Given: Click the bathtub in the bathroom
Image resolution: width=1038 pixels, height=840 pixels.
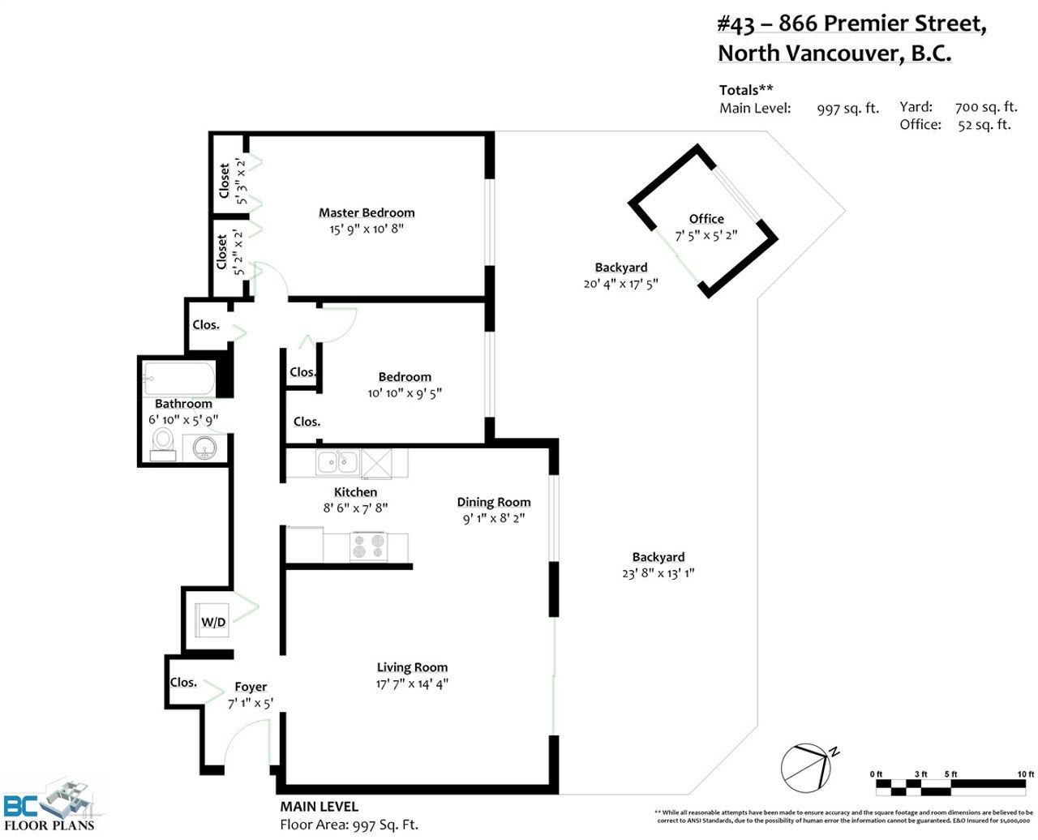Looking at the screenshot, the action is tap(179, 378).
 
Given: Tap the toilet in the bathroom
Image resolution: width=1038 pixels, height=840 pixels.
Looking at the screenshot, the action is tap(163, 444).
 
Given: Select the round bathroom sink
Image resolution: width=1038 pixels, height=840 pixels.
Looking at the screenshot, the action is tap(204, 448).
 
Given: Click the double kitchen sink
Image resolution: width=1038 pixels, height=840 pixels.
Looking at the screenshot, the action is tap(337, 462).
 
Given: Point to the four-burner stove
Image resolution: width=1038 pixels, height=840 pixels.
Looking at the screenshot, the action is tap(369, 546).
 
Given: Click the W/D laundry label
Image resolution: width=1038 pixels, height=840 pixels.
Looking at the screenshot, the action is tap(213, 622).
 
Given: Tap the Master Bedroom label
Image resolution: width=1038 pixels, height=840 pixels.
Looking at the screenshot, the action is tap(367, 212).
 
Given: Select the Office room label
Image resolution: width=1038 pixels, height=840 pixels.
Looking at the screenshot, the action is tap(706, 219).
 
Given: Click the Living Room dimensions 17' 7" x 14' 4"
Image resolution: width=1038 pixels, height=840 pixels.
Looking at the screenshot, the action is tap(412, 684).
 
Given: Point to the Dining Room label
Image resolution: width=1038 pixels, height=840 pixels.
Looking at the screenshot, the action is tap(494, 502).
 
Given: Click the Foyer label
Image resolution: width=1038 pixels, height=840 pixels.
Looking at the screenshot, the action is tap(251, 687).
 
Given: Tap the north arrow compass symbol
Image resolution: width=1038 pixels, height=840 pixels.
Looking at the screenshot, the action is tap(808, 768).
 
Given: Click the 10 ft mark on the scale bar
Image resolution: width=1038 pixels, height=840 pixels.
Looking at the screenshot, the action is tap(1025, 774).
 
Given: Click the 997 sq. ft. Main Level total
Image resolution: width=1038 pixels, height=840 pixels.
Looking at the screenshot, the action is tap(848, 108).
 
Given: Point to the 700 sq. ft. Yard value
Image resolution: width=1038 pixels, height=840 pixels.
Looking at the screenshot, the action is tap(986, 107).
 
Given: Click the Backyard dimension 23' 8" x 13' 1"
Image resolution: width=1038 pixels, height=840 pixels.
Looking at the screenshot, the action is tap(658, 573).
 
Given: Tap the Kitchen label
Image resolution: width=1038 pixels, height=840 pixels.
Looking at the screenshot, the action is tap(355, 491).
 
